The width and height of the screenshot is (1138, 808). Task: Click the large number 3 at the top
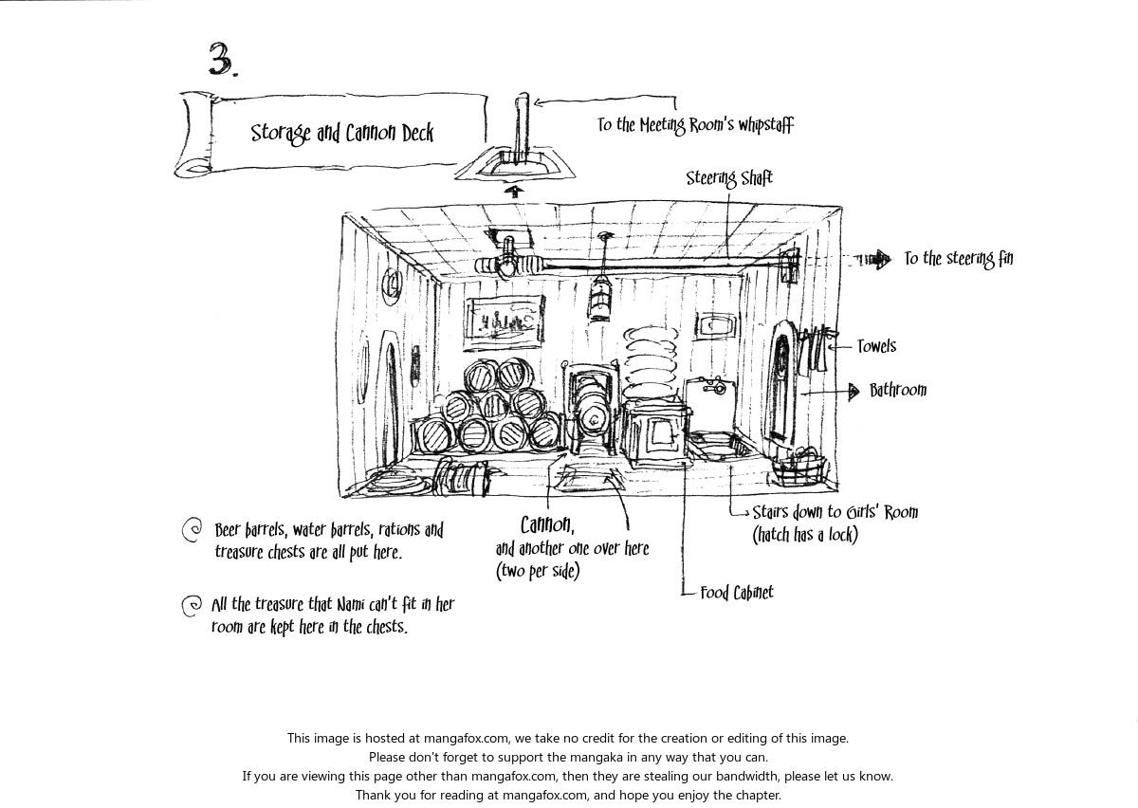pyautogui.click(x=222, y=59)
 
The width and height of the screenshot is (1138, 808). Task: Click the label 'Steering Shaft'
pyautogui.click(x=729, y=178)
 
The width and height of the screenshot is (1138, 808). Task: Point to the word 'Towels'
pyautogui.click(x=876, y=347)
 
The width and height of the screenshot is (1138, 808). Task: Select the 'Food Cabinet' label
pyautogui.click(x=737, y=594)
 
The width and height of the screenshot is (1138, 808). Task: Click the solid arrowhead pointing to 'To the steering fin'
pyautogui.click(x=882, y=259)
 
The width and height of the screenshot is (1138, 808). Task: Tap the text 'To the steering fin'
pyautogui.click(x=958, y=259)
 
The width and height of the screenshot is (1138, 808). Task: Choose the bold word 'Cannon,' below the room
pyautogui.click(x=547, y=524)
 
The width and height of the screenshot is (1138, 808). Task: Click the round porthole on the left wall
pyautogui.click(x=390, y=282)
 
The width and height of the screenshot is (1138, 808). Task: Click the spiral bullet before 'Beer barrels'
pyautogui.click(x=192, y=531)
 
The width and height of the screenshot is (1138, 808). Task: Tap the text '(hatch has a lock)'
pyautogui.click(x=805, y=535)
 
